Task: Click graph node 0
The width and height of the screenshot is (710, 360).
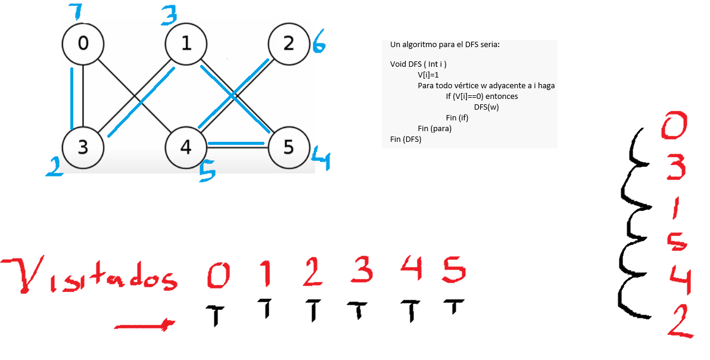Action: pos(83,44)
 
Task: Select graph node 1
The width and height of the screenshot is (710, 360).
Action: pos(186,44)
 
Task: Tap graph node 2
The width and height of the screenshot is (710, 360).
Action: pos(289,44)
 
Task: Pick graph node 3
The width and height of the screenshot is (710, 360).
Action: pos(83,147)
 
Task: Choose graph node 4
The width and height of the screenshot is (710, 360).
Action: pos(186,147)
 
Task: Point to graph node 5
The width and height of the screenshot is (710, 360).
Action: pos(289,147)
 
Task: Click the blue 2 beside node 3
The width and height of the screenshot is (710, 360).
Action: pos(55,167)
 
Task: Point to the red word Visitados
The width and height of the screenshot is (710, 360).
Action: pos(89,275)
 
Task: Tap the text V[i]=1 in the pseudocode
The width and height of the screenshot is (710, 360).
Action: pos(428,75)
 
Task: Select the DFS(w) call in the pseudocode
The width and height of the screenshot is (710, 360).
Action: pos(487,107)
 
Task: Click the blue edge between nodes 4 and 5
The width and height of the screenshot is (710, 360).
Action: pos(236,144)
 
